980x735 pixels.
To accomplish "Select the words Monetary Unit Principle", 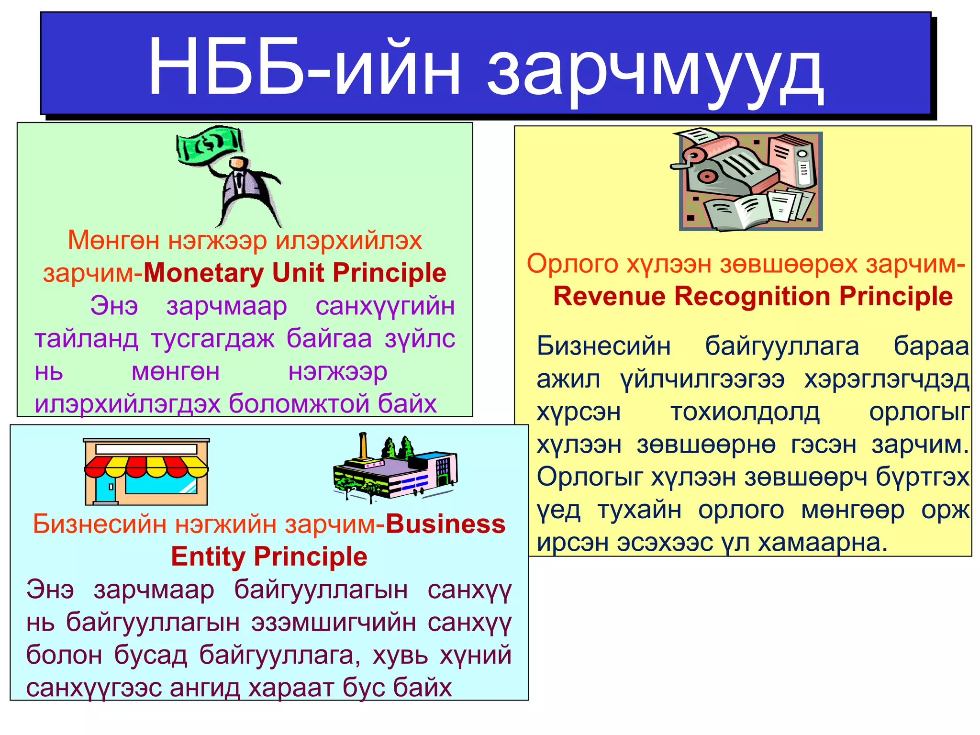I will pyautogui.click(x=295, y=273).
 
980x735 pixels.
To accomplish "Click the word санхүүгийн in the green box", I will pyautogui.click(x=385, y=306).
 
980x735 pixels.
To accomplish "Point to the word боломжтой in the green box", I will pyautogui.click(x=301, y=404).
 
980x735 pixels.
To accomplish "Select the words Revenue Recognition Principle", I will pyautogui.click(x=753, y=297).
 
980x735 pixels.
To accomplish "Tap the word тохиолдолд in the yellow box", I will pyautogui.click(x=745, y=412).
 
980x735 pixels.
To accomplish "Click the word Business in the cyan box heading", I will pyautogui.click(x=445, y=524).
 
